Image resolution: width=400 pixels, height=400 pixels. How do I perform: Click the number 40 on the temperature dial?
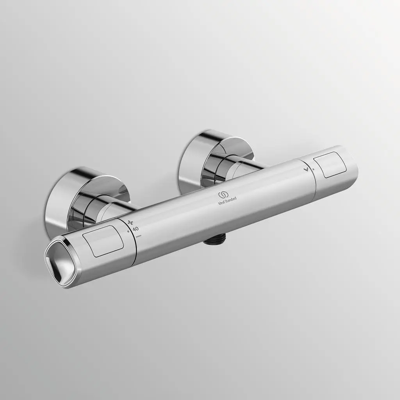tap(136, 229)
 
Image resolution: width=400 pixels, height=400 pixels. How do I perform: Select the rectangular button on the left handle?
tap(104, 241)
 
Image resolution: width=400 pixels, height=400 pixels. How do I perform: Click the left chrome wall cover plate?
tap(62, 195)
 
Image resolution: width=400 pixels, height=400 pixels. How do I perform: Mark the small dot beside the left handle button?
tap(128, 231)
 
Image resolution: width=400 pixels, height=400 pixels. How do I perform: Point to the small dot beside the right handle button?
tap(312, 169)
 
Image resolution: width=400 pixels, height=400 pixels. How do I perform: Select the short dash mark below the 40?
tap(139, 236)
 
